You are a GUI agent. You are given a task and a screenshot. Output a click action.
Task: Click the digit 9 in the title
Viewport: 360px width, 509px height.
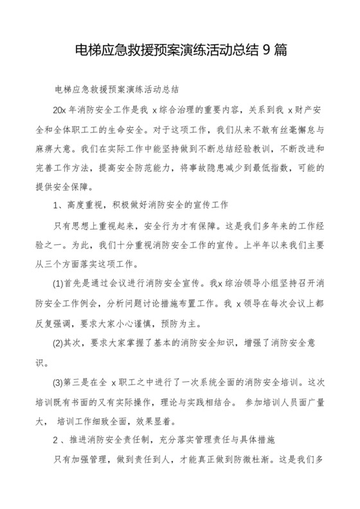tap(267, 52)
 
